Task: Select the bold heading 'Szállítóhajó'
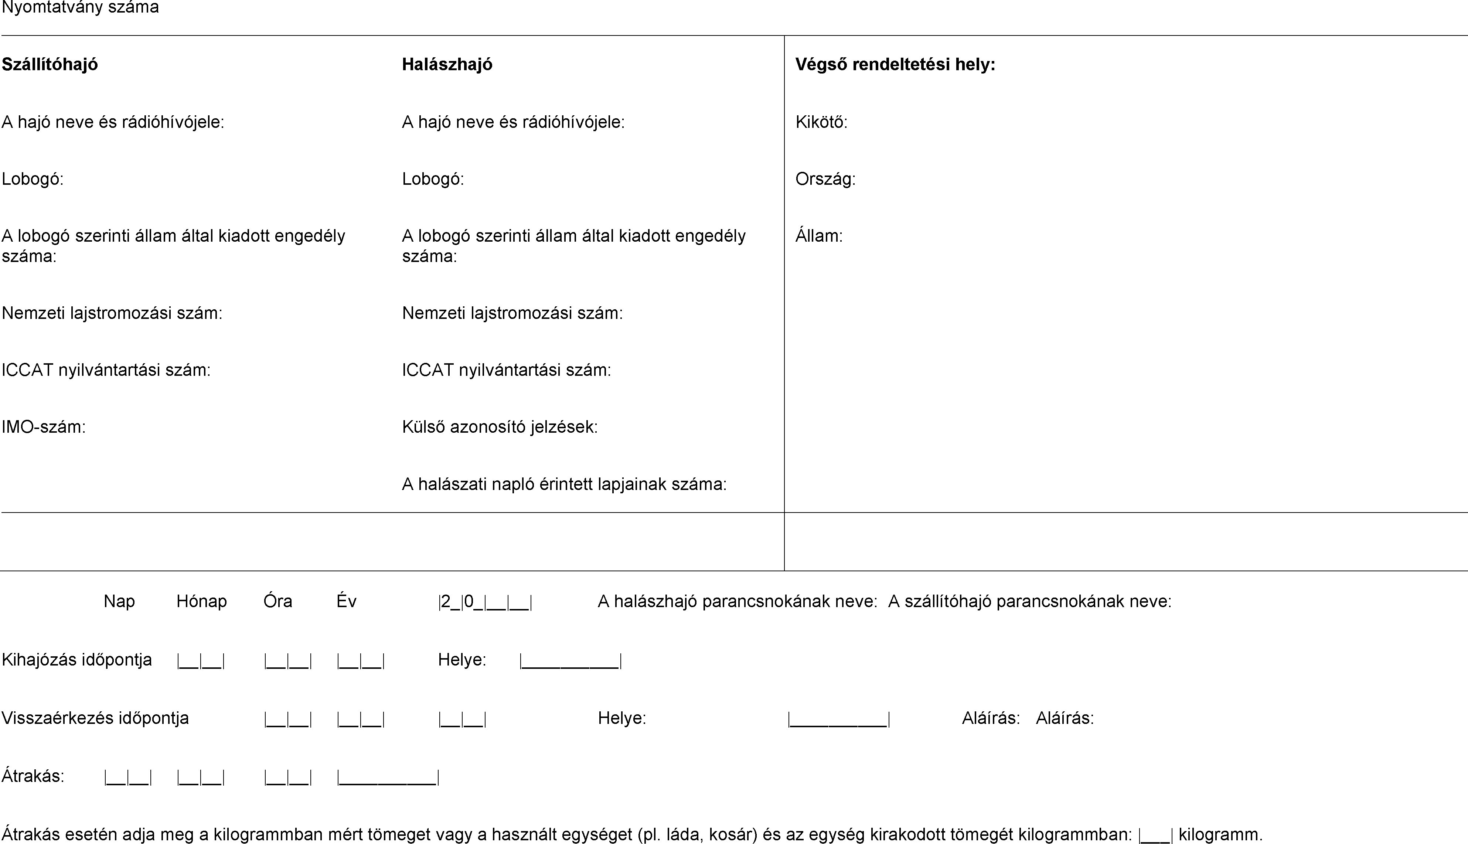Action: coord(50,64)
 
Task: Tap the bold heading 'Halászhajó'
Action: coord(447,64)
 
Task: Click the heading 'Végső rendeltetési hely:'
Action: coord(895,64)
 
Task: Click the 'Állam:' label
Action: coord(819,236)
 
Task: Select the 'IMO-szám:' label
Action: coord(44,427)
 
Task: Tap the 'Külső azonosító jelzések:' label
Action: coord(500,427)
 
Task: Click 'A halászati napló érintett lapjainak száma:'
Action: coord(564,484)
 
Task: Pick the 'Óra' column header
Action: coord(277,602)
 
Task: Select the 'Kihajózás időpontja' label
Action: coord(76,660)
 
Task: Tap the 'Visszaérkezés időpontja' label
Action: coord(95,718)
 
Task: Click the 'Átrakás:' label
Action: coord(33,776)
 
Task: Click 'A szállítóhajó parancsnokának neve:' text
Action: coord(1030,602)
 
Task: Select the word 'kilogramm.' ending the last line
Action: coord(1220,835)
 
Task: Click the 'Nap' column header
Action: coord(119,602)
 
